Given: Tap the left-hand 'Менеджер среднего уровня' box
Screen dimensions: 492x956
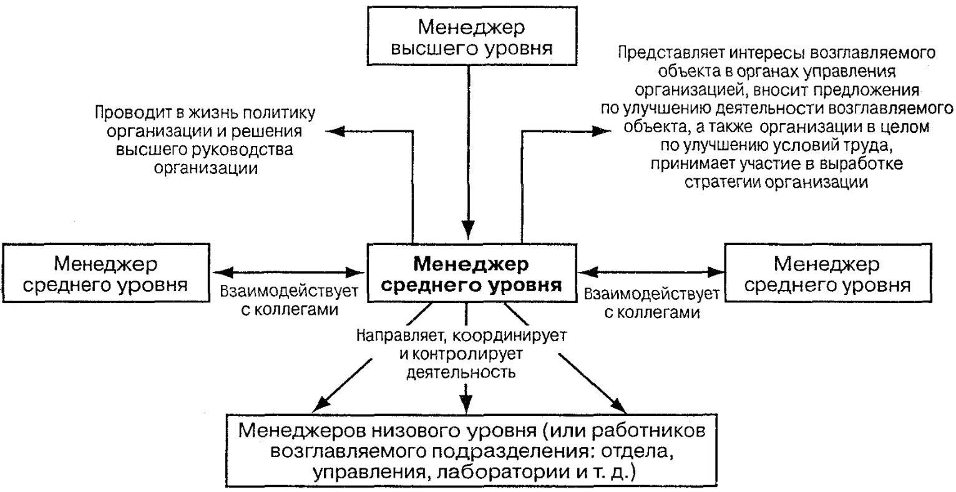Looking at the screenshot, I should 104,274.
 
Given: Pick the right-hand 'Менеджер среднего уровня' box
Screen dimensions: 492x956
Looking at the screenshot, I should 827,274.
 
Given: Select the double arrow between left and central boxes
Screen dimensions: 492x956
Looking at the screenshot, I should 289,271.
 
